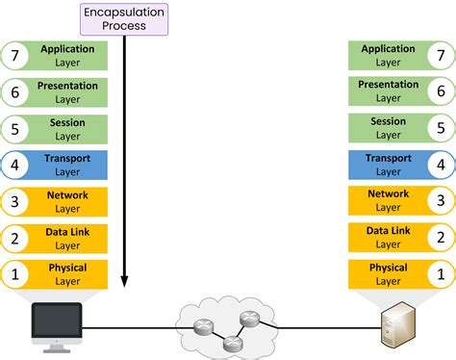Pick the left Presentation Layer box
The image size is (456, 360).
pyautogui.click(x=65, y=92)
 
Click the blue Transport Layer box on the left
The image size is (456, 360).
pyautogui.click(x=65, y=165)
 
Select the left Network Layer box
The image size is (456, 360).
pyautogui.click(x=65, y=201)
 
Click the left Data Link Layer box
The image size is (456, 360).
pyautogui.click(x=65, y=238)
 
